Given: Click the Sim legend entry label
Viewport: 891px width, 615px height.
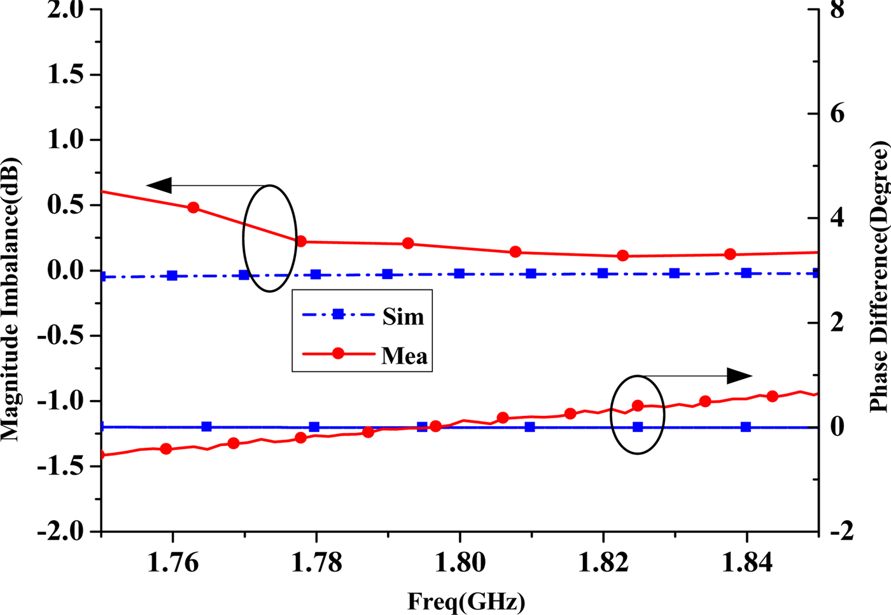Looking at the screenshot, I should click(x=403, y=316).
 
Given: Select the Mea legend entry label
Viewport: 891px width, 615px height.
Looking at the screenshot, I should click(x=404, y=356).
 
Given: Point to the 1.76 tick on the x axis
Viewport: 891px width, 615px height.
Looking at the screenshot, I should click(x=172, y=562).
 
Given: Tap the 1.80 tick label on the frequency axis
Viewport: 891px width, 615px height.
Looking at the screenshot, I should click(x=460, y=562).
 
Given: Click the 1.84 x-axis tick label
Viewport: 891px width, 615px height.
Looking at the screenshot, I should click(x=747, y=562).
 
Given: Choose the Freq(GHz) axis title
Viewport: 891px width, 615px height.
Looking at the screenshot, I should click(x=466, y=601).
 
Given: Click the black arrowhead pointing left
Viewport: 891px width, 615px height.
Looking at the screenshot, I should click(x=159, y=186).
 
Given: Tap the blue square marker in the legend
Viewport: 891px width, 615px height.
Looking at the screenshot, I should click(x=338, y=314).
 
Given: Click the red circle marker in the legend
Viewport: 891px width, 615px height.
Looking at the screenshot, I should click(x=338, y=354).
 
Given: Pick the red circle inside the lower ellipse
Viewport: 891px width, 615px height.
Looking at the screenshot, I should click(x=638, y=406).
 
